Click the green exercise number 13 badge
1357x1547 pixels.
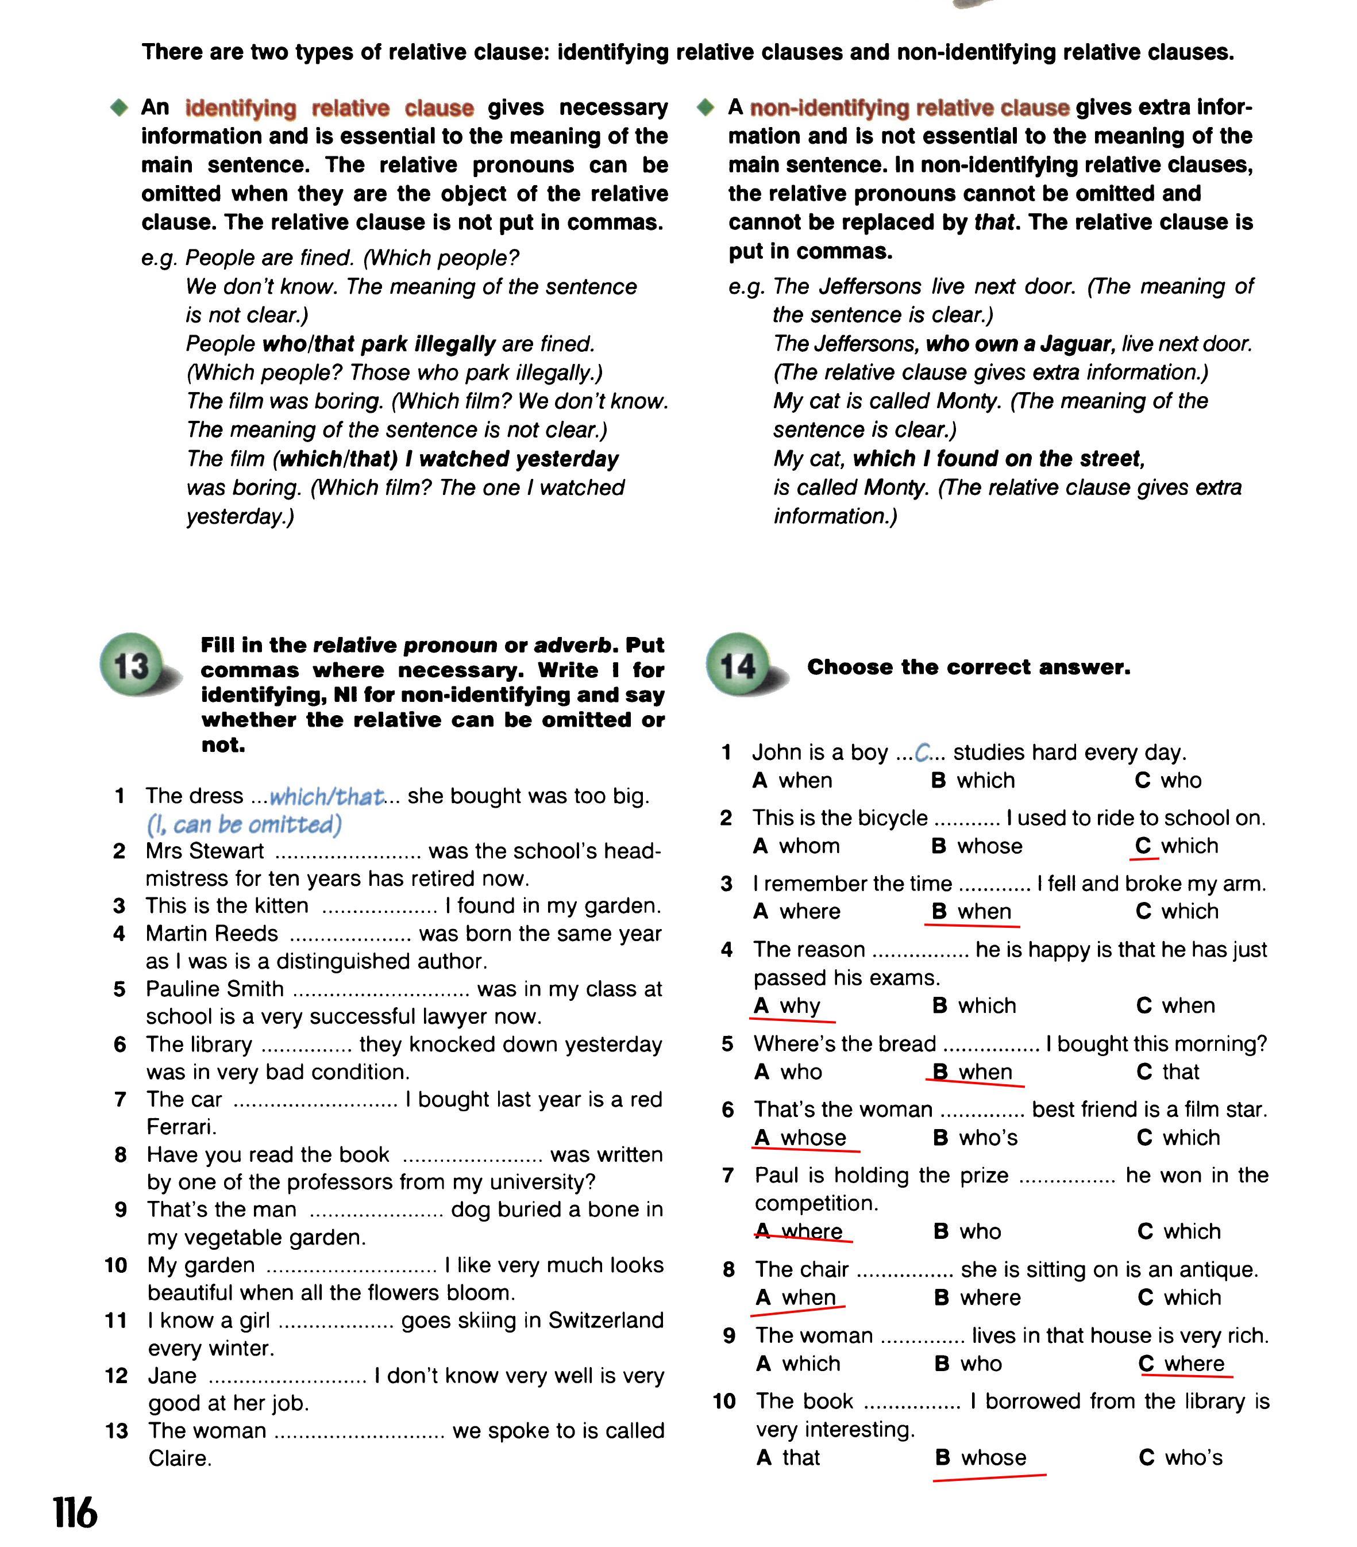point(132,665)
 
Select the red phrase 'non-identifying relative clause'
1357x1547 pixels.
point(909,108)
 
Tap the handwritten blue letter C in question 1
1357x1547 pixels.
point(922,753)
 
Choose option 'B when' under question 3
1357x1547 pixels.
point(972,911)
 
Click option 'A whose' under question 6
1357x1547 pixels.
point(800,1138)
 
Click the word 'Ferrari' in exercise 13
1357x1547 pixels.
point(181,1127)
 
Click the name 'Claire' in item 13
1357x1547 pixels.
point(179,1458)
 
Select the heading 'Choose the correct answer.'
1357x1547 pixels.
point(968,667)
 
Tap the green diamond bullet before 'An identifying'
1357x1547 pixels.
point(119,108)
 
